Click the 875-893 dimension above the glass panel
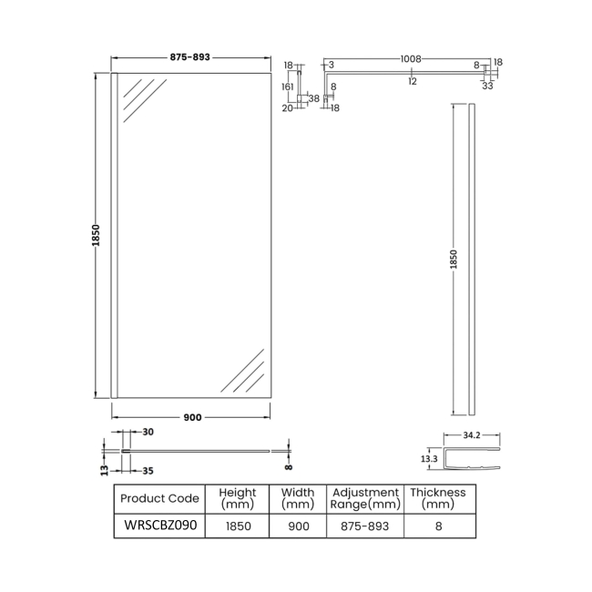coord(190,57)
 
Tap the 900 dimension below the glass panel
coord(192,417)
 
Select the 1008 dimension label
coord(410,59)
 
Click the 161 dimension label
coord(288,87)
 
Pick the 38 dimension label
coord(313,97)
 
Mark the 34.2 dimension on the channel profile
coord(471,436)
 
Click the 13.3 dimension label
coord(427,460)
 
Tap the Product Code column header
coord(159,498)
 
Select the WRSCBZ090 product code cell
coord(159,525)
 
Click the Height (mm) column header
coord(237,498)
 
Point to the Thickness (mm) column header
coord(438,498)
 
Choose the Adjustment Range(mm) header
coord(365,498)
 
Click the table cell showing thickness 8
coord(438,526)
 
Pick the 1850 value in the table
coord(237,526)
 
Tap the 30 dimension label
coord(148,432)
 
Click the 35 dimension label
coord(148,471)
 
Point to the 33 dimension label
coord(488,87)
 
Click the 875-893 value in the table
coord(365,526)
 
